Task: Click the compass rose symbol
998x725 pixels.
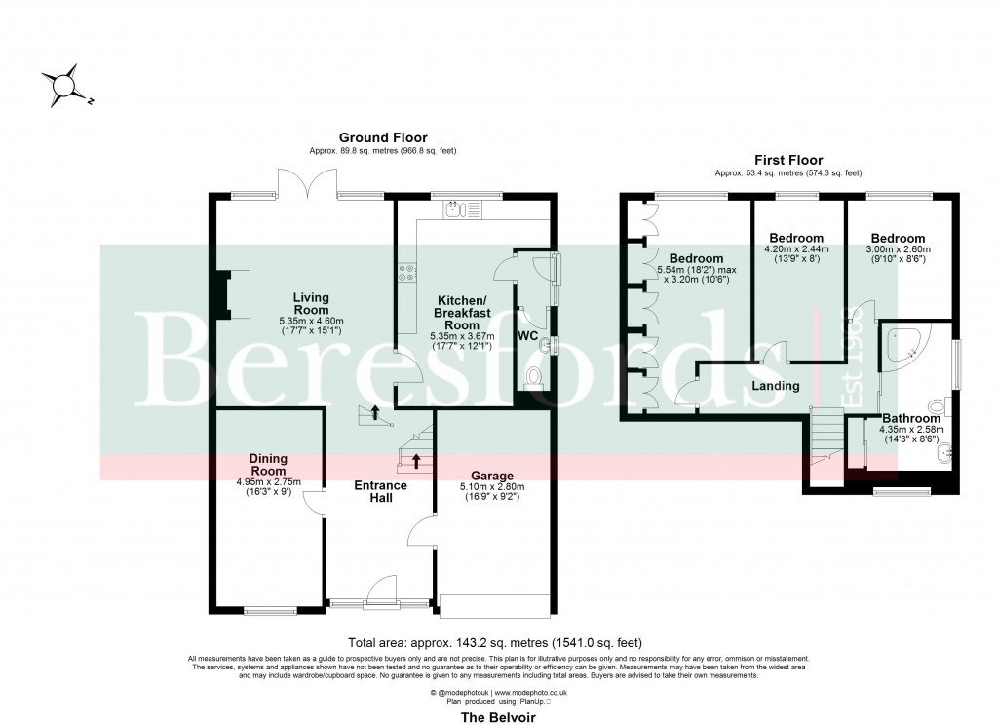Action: pos(65,85)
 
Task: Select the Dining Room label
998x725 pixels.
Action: pos(269,465)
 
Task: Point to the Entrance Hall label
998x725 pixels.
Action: pos(380,492)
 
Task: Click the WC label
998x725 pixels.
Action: pos(528,335)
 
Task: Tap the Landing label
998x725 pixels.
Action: pos(775,386)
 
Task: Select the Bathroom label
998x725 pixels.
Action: pos(911,418)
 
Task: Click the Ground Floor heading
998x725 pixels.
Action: pos(382,137)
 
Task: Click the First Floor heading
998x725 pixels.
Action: pos(788,160)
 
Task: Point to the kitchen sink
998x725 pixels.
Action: pos(455,209)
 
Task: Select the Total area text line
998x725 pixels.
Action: pos(496,643)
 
